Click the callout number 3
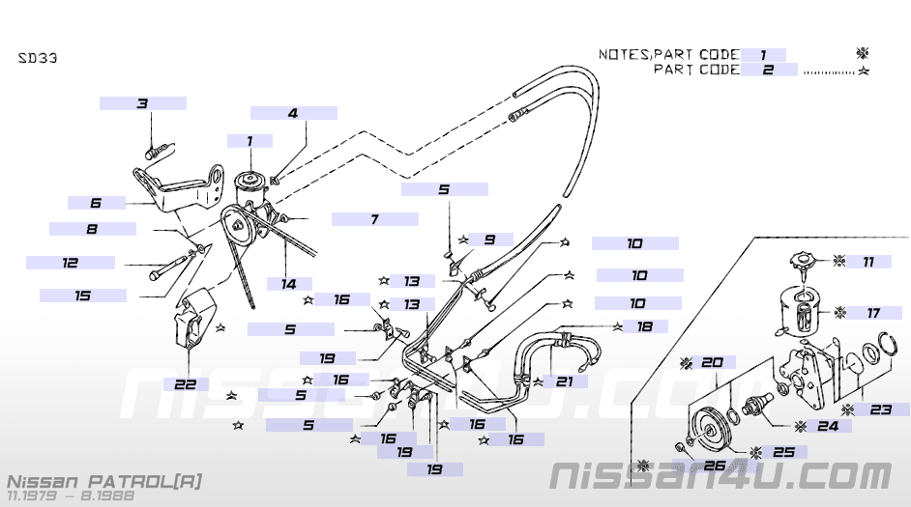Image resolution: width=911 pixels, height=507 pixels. pos(142,103)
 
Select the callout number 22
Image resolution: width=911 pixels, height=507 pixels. pos(186,383)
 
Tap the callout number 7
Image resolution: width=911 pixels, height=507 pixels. pos(374,219)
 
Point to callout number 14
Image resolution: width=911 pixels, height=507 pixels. pos(288,284)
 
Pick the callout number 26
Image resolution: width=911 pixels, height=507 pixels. pos(714,465)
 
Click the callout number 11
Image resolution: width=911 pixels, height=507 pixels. pos(868,261)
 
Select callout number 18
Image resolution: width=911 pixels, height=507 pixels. pos(644,327)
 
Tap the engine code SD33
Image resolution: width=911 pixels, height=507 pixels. pos(38,58)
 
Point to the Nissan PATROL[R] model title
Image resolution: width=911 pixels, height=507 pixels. pos(104,480)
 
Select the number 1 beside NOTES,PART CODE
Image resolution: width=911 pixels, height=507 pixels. pos(763,55)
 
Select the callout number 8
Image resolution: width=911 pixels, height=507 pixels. pos(92,230)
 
